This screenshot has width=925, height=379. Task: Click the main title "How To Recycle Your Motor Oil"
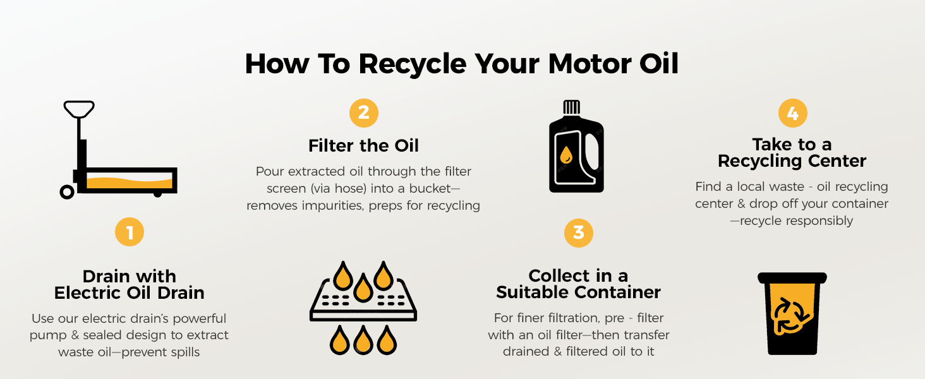[462, 64]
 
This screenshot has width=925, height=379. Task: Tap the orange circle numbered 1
[130, 232]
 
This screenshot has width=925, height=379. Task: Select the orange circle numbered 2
[363, 112]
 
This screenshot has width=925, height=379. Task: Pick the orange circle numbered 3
[579, 233]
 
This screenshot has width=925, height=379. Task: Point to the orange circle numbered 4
[792, 113]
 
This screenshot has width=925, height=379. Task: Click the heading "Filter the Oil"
[363, 146]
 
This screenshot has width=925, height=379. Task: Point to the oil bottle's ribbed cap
[572, 107]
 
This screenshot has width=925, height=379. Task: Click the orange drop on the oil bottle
[566, 155]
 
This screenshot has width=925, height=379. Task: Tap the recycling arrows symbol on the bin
[791, 316]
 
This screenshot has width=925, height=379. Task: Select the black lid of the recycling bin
[792, 277]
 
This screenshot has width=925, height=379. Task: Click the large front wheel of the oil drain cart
[67, 192]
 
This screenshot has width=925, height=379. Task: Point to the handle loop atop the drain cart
[79, 109]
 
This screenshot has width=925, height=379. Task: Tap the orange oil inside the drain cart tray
[130, 183]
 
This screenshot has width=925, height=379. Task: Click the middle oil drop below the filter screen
[363, 340]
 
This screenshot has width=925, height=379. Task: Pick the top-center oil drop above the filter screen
[363, 288]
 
